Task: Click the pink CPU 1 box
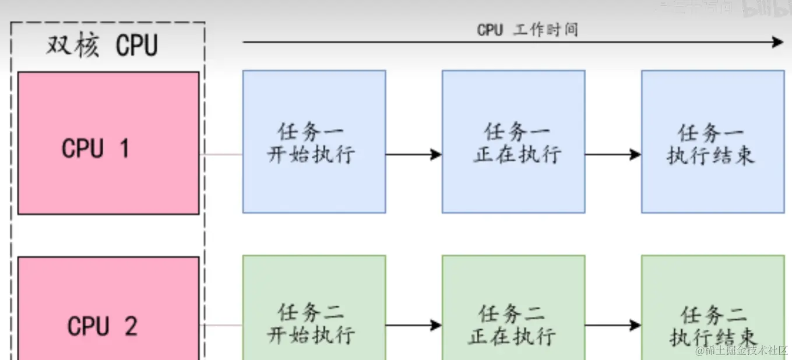click(x=108, y=143)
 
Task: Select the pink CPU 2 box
click(x=108, y=309)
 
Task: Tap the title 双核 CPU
click(x=103, y=45)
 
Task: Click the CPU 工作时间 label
click(x=527, y=30)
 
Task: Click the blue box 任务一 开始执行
click(x=314, y=142)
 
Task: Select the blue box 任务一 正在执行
click(x=513, y=142)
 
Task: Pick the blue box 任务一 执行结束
click(x=713, y=142)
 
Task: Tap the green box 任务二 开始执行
click(x=314, y=308)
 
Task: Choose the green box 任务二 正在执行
click(x=513, y=308)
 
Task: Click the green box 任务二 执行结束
click(x=713, y=308)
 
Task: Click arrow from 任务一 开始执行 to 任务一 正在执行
click(x=414, y=154)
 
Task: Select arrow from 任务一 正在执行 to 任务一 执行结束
click(x=613, y=154)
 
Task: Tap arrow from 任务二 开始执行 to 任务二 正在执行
click(x=414, y=325)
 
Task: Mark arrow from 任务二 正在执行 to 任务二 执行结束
click(x=613, y=325)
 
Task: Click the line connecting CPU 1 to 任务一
click(x=221, y=154)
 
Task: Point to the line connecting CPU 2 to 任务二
click(x=221, y=325)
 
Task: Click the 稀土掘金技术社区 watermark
click(x=741, y=350)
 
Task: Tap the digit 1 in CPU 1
click(x=124, y=149)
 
